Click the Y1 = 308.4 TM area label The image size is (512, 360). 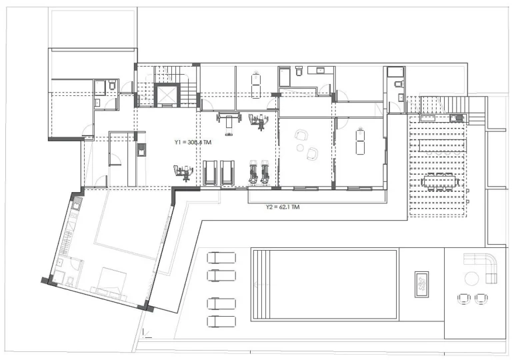point(193,142)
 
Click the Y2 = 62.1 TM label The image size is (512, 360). point(283,207)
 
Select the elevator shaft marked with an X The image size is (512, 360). point(167,95)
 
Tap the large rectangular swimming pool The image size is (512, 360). point(324,284)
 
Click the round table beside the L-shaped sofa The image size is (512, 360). point(471,279)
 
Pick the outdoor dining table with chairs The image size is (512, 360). point(439,181)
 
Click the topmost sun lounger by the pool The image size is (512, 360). point(221,258)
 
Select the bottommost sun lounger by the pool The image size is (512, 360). point(221,321)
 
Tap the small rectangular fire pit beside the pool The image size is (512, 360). point(421,285)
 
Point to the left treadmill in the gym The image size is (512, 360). point(210,173)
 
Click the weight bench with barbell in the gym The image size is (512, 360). point(229,123)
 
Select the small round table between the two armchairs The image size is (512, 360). point(300,148)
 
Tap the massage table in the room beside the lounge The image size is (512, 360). point(360,141)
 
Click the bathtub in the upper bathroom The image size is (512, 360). point(284,77)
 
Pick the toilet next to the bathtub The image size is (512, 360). point(299,71)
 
